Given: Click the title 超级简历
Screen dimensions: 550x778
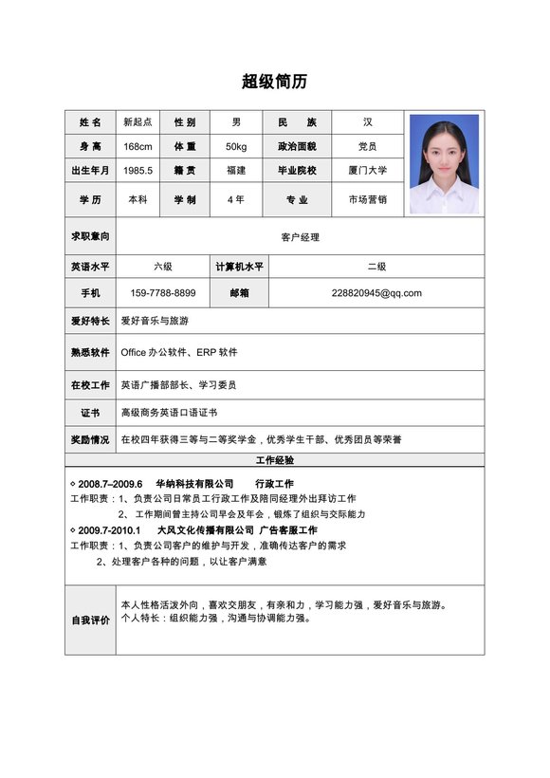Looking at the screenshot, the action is coord(274,82).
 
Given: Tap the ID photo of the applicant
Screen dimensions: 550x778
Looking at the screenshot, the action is coord(444,163).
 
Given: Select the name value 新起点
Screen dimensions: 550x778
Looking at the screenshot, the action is coord(137,122).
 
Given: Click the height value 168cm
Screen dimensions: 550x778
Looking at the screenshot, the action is coord(137,146).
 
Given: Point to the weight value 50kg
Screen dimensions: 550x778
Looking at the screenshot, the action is coord(236,146).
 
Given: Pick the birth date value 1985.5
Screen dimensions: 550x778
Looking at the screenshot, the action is coord(137,171).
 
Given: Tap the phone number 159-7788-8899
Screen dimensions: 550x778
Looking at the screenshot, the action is coord(163,293).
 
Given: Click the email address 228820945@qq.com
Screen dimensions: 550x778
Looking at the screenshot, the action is coord(376,293).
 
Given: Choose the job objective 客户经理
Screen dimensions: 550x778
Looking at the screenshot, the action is coord(300,237).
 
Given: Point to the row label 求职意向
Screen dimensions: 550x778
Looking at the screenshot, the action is coord(90,235).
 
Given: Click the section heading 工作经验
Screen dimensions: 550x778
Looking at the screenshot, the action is coord(275,460).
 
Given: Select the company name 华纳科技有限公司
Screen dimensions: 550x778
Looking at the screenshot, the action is coord(194,484).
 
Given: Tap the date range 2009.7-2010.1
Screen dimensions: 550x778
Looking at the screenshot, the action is coord(109,530).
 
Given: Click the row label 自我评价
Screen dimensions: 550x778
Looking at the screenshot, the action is coord(90,621).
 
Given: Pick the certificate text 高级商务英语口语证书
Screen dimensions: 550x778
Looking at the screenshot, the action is coord(169,413).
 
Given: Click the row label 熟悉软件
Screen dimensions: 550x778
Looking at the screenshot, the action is coord(90,352).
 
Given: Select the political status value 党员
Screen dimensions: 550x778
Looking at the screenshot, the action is coord(368,146).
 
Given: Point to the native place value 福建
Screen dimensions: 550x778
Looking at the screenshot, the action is coord(236,171).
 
